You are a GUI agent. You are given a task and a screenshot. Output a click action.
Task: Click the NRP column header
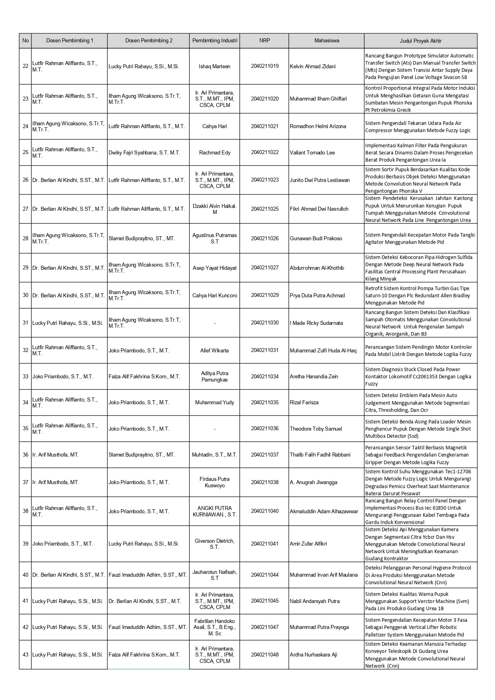tap(264, 41)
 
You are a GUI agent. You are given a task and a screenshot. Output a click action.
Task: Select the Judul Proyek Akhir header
tap(420, 41)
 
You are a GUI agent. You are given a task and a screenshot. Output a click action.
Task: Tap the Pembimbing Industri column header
tap(215, 41)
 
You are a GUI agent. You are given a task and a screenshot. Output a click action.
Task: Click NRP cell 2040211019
tap(264, 66)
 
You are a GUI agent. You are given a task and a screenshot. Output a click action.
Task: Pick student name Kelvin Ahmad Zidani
tap(313, 66)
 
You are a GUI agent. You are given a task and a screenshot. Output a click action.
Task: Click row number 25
tap(26, 152)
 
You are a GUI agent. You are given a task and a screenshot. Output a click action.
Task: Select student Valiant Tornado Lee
tap(312, 152)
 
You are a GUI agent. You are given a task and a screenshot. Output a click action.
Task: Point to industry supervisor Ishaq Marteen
tap(215, 66)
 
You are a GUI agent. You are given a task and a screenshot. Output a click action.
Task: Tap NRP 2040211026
tap(264, 238)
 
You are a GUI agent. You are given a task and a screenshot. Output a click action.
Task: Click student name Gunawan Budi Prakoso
tap(316, 238)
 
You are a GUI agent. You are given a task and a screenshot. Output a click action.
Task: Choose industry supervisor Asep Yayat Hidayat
tap(215, 268)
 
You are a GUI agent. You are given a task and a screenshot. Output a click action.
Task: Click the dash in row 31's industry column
tap(215, 323)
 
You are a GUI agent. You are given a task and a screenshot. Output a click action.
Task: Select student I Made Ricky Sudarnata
tap(316, 323)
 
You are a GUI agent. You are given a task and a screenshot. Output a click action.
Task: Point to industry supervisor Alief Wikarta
tap(215, 350)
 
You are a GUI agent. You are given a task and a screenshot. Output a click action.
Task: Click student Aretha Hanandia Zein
tap(314, 376)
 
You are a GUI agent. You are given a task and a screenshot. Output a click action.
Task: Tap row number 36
tap(26, 455)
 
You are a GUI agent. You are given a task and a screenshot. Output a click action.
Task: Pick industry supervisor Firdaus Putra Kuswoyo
tap(215, 482)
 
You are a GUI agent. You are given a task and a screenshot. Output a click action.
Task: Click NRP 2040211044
tap(264, 575)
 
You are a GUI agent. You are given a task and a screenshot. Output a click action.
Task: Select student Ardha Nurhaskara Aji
tap(313, 655)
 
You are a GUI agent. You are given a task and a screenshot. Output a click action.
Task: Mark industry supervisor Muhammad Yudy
tap(215, 402)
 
